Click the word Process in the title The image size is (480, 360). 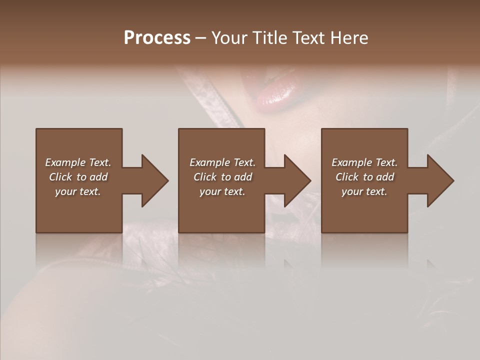click(157, 38)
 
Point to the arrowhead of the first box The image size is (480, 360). click(154, 180)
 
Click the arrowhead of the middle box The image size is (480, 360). click(297, 180)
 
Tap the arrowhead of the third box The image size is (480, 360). click(440, 180)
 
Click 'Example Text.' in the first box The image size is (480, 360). click(78, 162)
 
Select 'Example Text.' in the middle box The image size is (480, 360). click(222, 162)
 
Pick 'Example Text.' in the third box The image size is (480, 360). click(364, 162)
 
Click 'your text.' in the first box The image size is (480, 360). click(78, 191)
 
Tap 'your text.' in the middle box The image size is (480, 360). click(222, 191)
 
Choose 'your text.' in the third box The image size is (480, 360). click(364, 191)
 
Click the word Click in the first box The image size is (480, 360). click(60, 177)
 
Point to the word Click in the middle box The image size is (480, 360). click(205, 177)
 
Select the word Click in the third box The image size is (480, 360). click(347, 177)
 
